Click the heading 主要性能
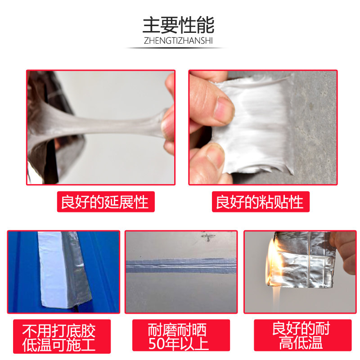pyautogui.click(x=178, y=25)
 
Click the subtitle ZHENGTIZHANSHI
pyautogui.click(x=178, y=40)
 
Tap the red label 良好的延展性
pyautogui.click(x=106, y=202)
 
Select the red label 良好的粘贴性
pyautogui.click(x=261, y=202)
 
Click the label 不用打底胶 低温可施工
pyautogui.click(x=62, y=336)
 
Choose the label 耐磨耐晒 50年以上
pyautogui.click(x=181, y=335)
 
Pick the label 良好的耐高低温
pyautogui.click(x=302, y=335)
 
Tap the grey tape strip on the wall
pyautogui.click(x=181, y=265)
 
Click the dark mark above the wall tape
pyautogui.click(x=208, y=237)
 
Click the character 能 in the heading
pyautogui.click(x=206, y=25)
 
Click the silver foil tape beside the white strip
pyautogui.click(x=77, y=269)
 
